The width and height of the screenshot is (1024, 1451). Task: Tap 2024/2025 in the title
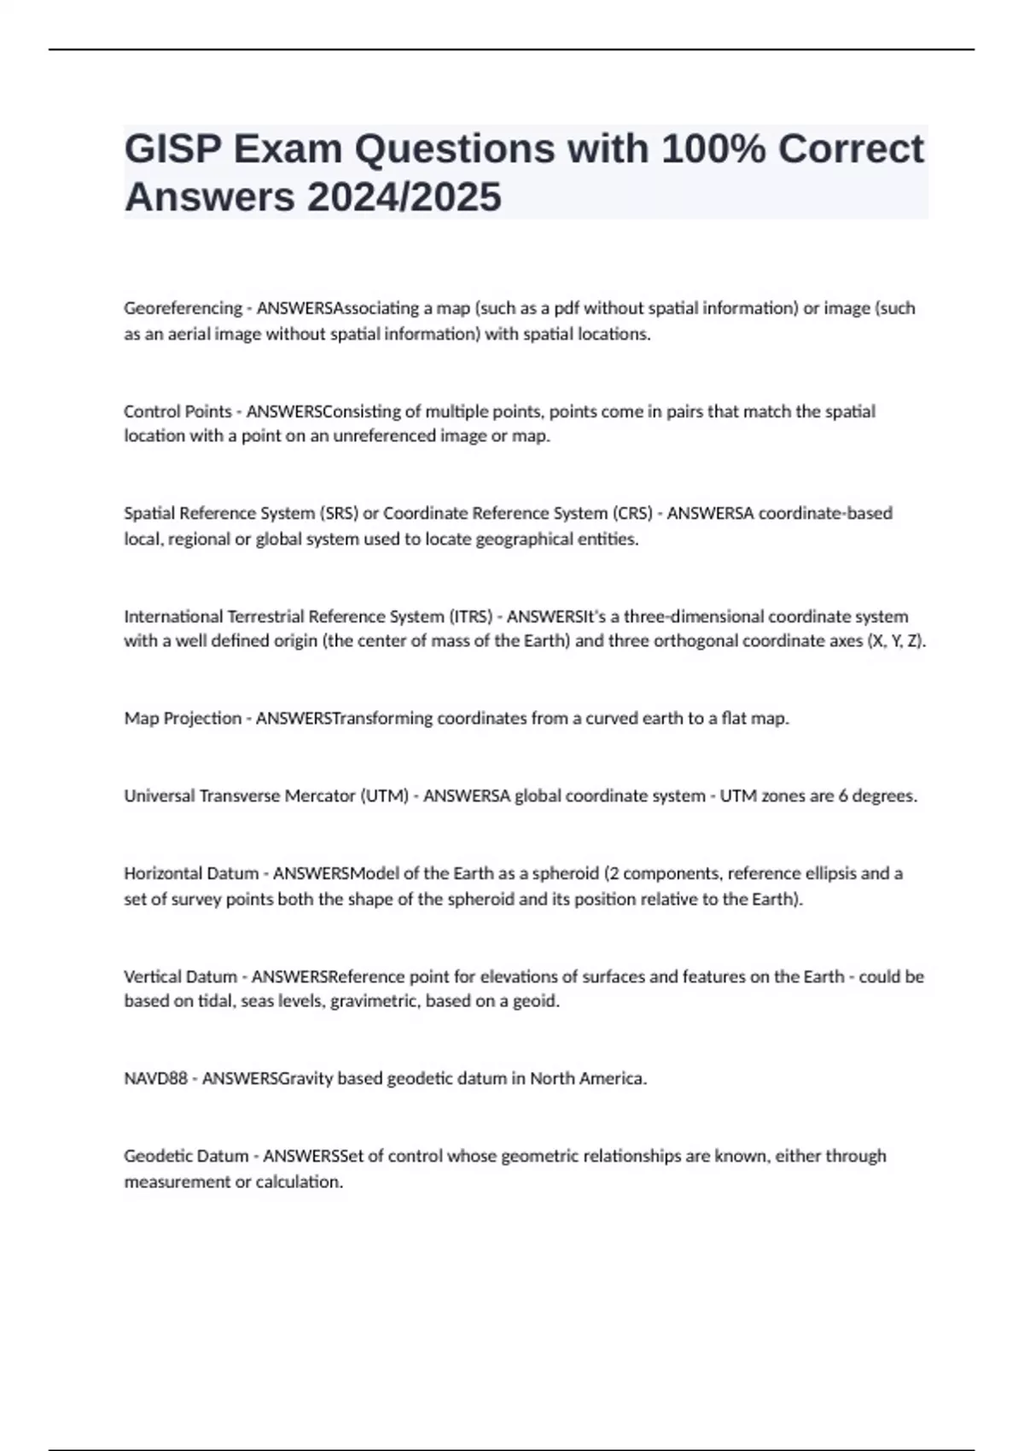point(404,198)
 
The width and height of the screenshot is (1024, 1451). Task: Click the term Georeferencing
point(183,308)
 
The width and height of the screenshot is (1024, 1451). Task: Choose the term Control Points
point(177,411)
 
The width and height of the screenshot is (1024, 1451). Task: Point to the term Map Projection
point(183,719)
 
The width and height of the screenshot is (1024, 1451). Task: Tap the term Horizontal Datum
point(191,874)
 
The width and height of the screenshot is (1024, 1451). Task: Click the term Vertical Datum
point(180,976)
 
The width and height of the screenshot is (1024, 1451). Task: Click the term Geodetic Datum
point(186,1157)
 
